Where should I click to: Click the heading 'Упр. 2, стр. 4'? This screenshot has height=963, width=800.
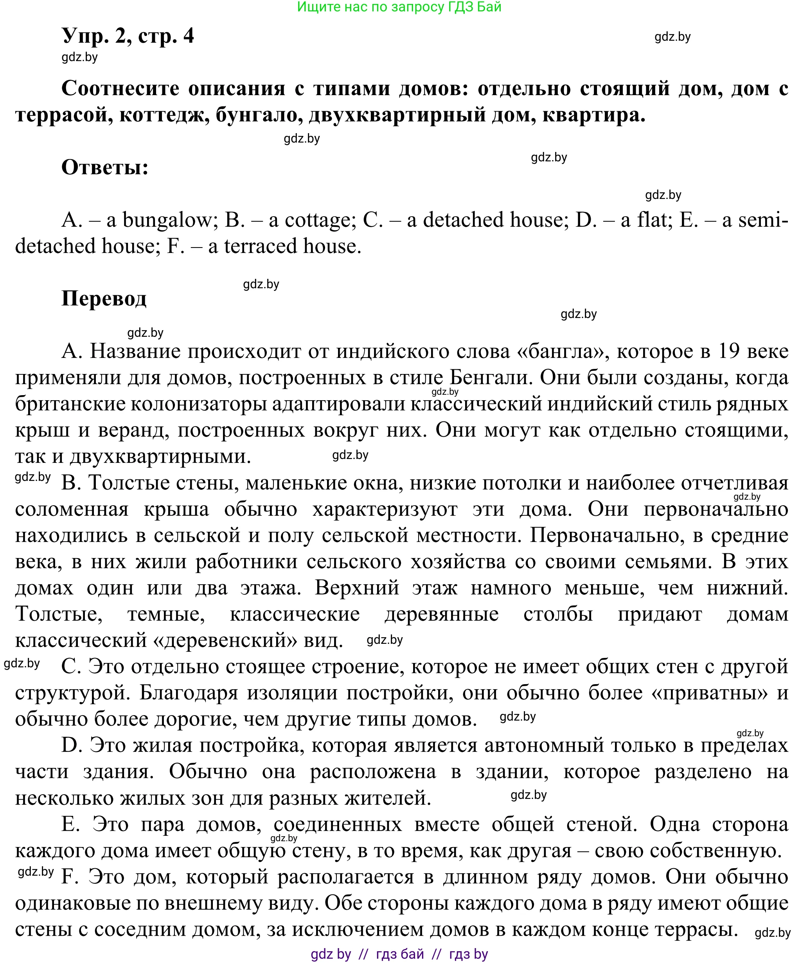tap(128, 36)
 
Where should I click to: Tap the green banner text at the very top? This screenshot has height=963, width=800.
tap(399, 7)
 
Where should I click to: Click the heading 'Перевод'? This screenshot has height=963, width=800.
tap(104, 298)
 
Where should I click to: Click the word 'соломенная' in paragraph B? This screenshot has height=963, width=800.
tap(72, 510)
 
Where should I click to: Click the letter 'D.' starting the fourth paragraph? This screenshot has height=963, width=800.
tap(72, 746)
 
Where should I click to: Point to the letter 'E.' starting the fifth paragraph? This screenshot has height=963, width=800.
tap(70, 824)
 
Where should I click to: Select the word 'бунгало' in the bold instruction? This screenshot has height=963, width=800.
tap(259, 115)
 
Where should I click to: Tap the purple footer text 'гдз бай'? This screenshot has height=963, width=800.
tap(399, 954)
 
